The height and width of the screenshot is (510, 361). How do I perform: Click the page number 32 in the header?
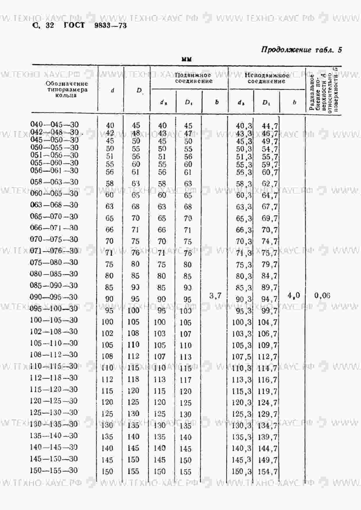pos(49,25)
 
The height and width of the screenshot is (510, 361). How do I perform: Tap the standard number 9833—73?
pos(111,26)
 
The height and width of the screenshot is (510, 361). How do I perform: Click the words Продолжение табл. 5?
pos(301,50)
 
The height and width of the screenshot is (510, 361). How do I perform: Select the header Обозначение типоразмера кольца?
pos(66,89)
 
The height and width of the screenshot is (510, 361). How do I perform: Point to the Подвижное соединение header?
pos(193,78)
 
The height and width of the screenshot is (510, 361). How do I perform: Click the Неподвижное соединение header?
pos(266,78)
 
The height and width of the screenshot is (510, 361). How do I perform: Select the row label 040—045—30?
pos(54,124)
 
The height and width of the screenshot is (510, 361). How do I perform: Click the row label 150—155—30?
pos(54,470)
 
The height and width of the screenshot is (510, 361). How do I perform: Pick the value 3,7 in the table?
pos(215,296)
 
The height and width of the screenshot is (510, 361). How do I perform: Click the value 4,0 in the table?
pos(294,296)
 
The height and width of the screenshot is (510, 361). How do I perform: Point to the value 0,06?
pos(322,296)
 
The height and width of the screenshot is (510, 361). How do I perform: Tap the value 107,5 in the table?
pos(242,357)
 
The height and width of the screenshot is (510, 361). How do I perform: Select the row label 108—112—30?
pos(54,355)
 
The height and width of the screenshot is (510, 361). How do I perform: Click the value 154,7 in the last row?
pos(268,472)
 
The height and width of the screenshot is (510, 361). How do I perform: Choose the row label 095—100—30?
pos(54,309)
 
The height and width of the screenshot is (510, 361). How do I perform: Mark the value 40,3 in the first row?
pos(244,126)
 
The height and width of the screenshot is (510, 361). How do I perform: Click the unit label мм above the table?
pos(187,59)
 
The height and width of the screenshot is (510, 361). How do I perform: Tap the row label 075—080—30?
pos(54,262)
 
